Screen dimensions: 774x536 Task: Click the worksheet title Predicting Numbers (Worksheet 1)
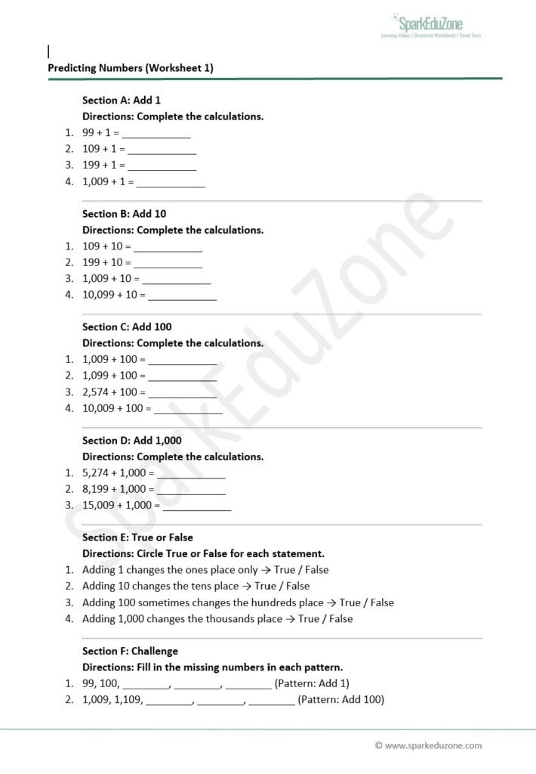point(131,68)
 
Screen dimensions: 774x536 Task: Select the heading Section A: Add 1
point(122,100)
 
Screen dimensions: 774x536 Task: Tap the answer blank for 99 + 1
point(156,133)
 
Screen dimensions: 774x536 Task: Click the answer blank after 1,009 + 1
point(171,182)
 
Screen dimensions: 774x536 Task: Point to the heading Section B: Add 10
point(125,214)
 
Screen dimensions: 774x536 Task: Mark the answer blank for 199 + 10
point(168,263)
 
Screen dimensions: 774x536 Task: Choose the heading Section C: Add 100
point(127,327)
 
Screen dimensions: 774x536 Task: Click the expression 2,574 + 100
point(110,392)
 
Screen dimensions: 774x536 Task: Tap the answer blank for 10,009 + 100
point(189,409)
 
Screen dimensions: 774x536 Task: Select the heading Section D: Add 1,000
point(132,441)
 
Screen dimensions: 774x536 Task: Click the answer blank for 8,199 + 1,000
point(191,490)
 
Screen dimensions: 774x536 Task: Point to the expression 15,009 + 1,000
point(119,506)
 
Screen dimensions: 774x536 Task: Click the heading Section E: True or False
point(137,538)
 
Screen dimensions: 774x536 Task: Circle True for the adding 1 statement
point(284,570)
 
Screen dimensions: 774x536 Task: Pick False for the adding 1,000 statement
point(340,619)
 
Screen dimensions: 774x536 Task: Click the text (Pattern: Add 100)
point(341,700)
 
